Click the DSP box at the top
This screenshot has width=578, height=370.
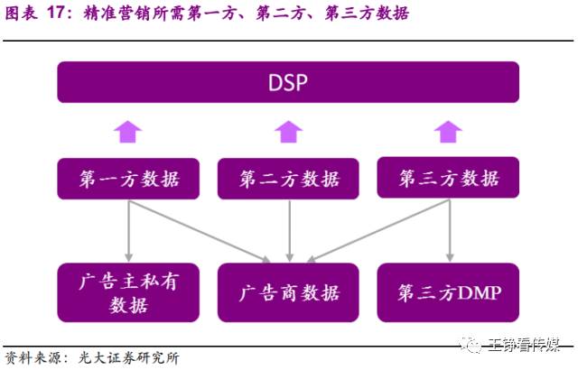(x=288, y=82)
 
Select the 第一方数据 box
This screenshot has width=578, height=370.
(x=128, y=179)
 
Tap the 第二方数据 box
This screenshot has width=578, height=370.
(x=288, y=179)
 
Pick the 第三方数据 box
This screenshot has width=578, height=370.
(x=448, y=178)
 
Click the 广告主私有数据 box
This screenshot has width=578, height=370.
(x=128, y=292)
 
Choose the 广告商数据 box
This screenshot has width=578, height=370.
(x=288, y=292)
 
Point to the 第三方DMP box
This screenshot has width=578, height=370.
(x=448, y=292)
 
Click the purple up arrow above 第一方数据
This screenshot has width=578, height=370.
(x=128, y=132)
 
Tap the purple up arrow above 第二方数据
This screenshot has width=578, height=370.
(x=289, y=132)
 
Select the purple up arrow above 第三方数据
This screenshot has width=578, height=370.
(x=448, y=132)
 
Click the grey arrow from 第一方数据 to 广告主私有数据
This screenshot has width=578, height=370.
(x=128, y=231)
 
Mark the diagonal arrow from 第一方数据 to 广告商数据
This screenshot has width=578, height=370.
(x=199, y=231)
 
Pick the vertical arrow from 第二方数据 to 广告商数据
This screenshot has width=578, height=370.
(x=290, y=231)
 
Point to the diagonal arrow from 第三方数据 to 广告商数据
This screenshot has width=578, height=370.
(x=378, y=231)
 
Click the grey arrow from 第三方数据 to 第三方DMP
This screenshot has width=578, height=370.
(x=450, y=231)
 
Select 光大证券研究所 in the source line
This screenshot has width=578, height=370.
(x=128, y=358)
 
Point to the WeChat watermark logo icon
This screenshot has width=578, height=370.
(x=471, y=345)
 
